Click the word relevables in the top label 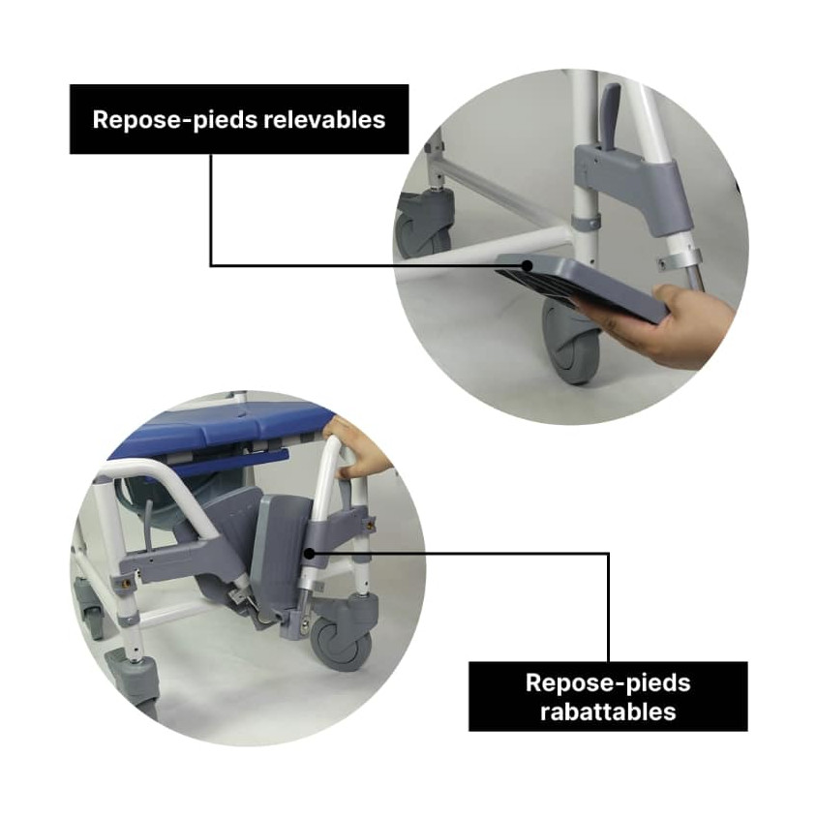(324, 119)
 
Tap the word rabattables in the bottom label (608, 711)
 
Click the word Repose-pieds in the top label (175, 120)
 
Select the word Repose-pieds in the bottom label (608, 683)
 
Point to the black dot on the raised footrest (528, 266)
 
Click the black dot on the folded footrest (309, 554)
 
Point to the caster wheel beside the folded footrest (342, 645)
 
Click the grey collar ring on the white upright (587, 223)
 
